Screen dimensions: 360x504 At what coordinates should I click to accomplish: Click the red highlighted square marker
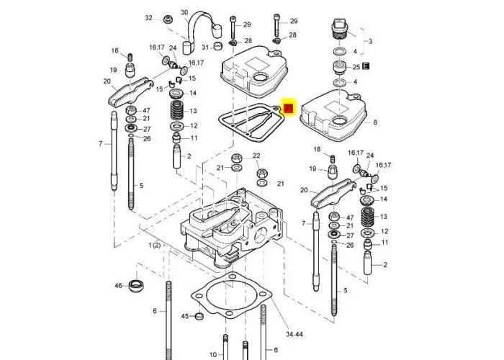click(x=289, y=108)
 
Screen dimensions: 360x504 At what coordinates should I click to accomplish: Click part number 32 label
click(x=149, y=17)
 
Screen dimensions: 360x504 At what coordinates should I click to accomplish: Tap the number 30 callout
click(x=184, y=12)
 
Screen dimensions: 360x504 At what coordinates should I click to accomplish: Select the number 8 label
click(x=375, y=122)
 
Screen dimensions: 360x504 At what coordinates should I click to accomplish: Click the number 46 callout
click(x=118, y=286)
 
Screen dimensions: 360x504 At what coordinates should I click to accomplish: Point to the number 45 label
click(x=184, y=316)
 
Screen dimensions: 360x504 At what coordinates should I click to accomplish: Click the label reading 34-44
click(x=294, y=334)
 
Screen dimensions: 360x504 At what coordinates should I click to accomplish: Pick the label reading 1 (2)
click(x=155, y=246)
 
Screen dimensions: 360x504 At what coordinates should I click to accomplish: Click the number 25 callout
click(x=356, y=67)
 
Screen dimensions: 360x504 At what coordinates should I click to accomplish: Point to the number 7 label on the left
click(x=101, y=144)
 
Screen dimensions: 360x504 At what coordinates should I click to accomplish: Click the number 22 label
click(x=255, y=156)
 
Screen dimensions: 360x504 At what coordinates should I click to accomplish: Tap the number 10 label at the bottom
click(x=212, y=354)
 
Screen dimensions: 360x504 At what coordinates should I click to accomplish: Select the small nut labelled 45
click(x=199, y=316)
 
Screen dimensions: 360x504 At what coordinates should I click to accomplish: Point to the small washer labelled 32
click(x=167, y=19)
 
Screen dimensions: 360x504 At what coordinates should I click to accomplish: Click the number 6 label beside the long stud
click(x=154, y=310)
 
